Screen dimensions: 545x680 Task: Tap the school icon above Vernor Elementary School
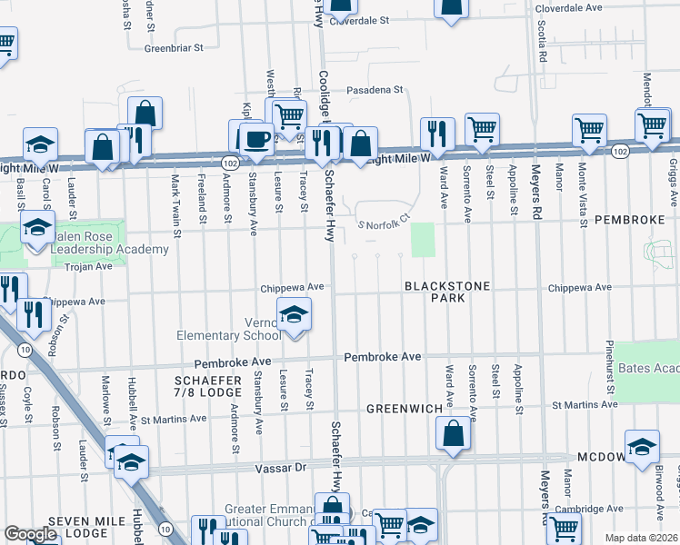293,314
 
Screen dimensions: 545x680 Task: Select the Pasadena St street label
375,90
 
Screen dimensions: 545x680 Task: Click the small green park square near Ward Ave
423,241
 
